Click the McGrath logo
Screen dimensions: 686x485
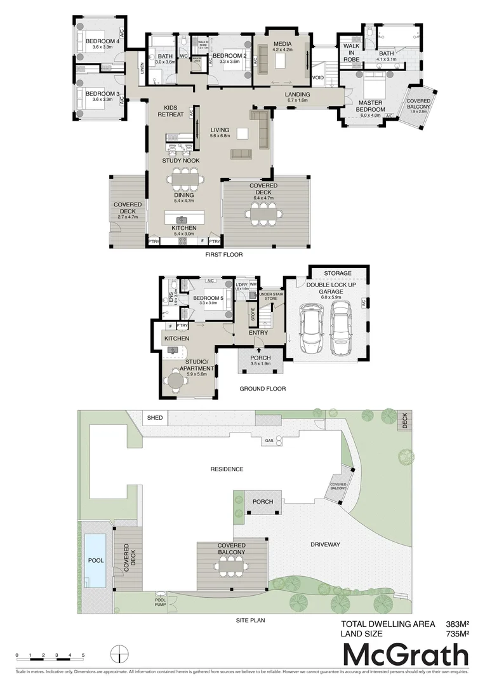(406, 654)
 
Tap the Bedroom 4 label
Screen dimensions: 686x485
(98, 41)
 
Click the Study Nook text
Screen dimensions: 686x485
(180, 161)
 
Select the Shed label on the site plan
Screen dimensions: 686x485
(155, 418)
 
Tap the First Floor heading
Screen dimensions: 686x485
(223, 255)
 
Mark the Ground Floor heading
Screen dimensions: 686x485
(262, 389)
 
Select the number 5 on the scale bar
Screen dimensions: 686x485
(83, 654)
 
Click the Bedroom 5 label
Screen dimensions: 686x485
(208, 299)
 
